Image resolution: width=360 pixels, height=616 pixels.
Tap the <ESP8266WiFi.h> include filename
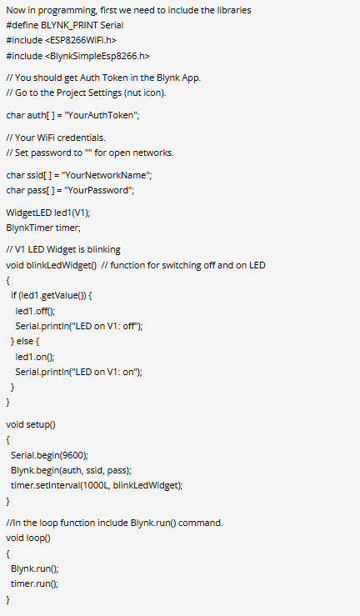[83, 41]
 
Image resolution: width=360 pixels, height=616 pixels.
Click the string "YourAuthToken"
[102, 116]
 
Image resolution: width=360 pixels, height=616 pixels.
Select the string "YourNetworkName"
[107, 175]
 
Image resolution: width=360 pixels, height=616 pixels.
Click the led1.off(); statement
[35, 311]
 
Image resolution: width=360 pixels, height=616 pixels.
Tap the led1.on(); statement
[35, 357]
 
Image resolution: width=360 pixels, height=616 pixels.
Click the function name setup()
[41, 425]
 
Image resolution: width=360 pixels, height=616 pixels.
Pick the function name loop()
[38, 538]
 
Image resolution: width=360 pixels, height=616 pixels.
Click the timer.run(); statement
[34, 583]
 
